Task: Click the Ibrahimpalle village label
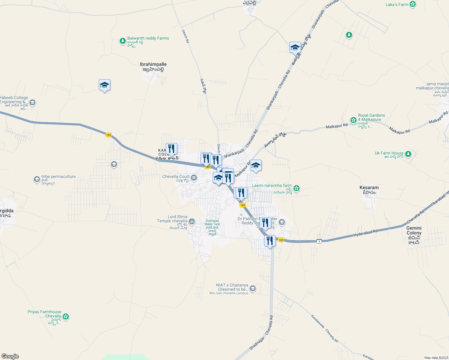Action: click(x=153, y=64)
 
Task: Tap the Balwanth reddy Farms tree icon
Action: click(x=122, y=41)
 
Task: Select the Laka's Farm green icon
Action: click(x=413, y=4)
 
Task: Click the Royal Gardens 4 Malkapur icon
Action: click(x=354, y=120)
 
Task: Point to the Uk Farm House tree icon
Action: click(x=408, y=154)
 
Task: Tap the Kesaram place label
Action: click(x=369, y=188)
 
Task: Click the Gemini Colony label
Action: click(x=414, y=230)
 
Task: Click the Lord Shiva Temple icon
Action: click(x=192, y=222)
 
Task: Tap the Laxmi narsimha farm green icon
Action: click(x=297, y=188)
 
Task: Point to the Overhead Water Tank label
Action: click(x=212, y=223)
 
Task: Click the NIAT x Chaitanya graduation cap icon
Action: click(x=253, y=289)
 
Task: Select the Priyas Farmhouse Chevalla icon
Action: click(x=66, y=316)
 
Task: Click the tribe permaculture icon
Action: click(x=37, y=179)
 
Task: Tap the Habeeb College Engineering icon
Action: click(x=32, y=103)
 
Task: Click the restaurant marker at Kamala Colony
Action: click(x=171, y=149)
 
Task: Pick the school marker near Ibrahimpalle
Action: click(x=104, y=85)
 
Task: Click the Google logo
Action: click(x=10, y=356)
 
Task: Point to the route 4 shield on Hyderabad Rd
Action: click(x=319, y=241)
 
